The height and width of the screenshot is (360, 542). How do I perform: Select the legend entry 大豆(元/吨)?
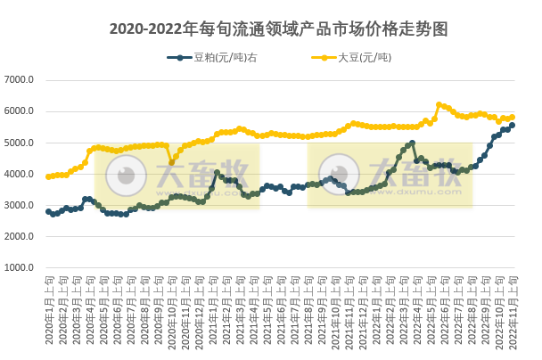pos(364,58)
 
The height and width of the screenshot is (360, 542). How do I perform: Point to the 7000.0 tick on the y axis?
pos(20,80)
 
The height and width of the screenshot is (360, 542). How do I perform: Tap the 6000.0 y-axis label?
pos(20,111)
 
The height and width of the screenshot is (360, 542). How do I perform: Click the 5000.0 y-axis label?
pos(20,143)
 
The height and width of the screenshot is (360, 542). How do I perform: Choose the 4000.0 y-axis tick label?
pos(20,174)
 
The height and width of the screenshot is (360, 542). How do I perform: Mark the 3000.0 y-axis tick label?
pos(20,205)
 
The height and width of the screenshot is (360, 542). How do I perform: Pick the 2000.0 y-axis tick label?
pos(20,236)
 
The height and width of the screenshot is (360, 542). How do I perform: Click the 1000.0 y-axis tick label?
pos(20,267)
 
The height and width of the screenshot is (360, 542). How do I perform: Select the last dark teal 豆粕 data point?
pos(513,125)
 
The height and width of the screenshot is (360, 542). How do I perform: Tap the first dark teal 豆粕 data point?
pos(48,211)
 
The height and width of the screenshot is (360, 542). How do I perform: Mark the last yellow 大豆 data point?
pos(513,117)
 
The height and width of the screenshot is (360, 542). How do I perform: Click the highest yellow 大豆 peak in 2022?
pos(439,104)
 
